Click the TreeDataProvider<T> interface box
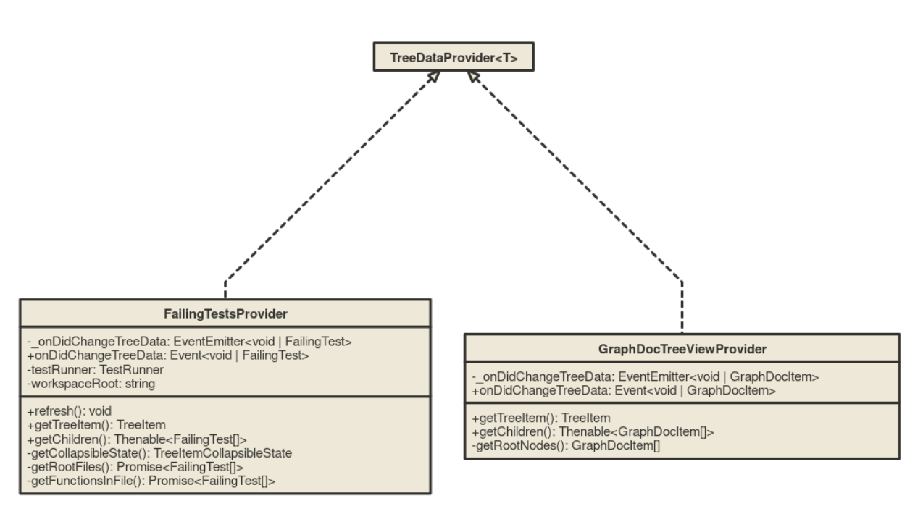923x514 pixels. pyautogui.click(x=454, y=57)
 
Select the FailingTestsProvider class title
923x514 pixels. pyautogui.click(x=225, y=313)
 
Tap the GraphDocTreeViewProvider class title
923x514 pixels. pyautogui.click(x=682, y=349)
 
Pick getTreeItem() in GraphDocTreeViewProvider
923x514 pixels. pyautogui.click(x=541, y=418)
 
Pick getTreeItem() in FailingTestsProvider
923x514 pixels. pyautogui.click(x=96, y=425)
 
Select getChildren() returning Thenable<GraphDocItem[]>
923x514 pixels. pyautogui.click(x=593, y=431)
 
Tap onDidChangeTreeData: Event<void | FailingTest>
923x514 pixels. pyautogui.click(x=167, y=355)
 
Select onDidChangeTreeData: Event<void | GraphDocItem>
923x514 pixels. pyautogui.click(x=624, y=391)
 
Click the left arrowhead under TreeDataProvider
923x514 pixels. pyautogui.click(x=433, y=77)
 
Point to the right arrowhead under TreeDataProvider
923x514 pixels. pyautogui.click(x=474, y=77)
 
